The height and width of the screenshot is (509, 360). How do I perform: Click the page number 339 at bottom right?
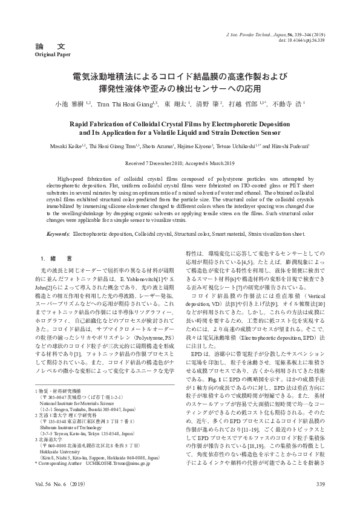pyautogui.click(x=321, y=484)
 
